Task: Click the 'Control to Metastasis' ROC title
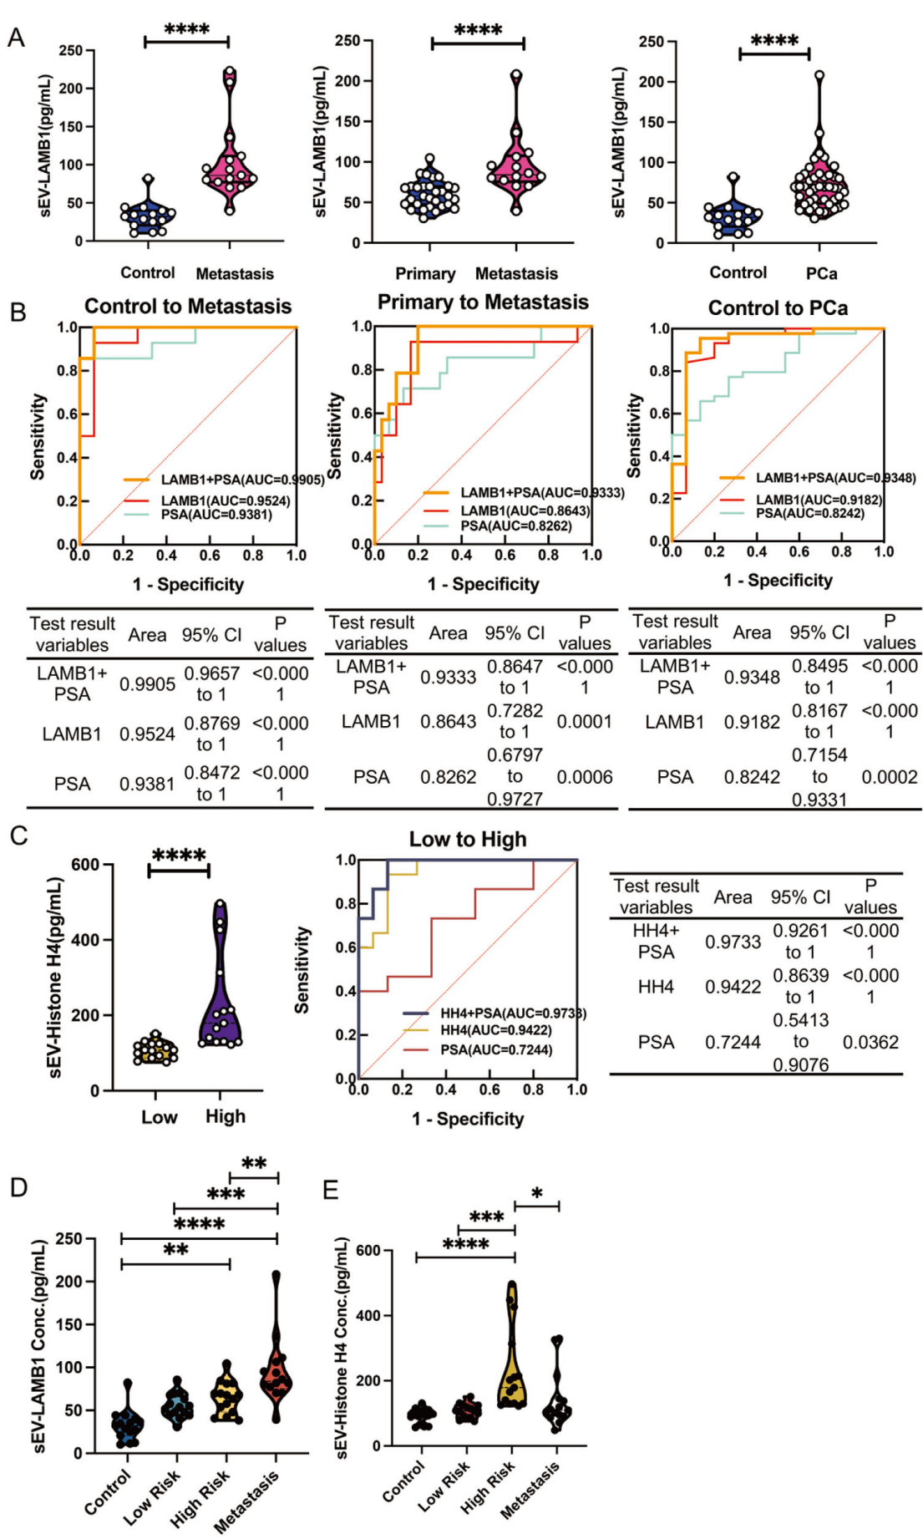pos(188,307)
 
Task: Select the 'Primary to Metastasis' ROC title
pos(483,302)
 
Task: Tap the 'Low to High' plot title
pos(468,840)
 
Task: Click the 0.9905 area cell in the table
pos(147,684)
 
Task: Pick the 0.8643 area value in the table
pos(448,721)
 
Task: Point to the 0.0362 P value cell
pos(870,1042)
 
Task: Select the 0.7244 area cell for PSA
pos(733,1042)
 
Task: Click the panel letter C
pos(18,836)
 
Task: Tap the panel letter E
pos(331,1190)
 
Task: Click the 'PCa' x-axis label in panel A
pos(821,273)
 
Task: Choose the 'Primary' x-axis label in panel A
pos(425,274)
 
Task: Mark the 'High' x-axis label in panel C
pos(226,1116)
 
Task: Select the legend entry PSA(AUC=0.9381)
pos(216,515)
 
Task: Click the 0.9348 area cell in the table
pos(752,677)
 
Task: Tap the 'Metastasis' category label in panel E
pos(531,1491)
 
